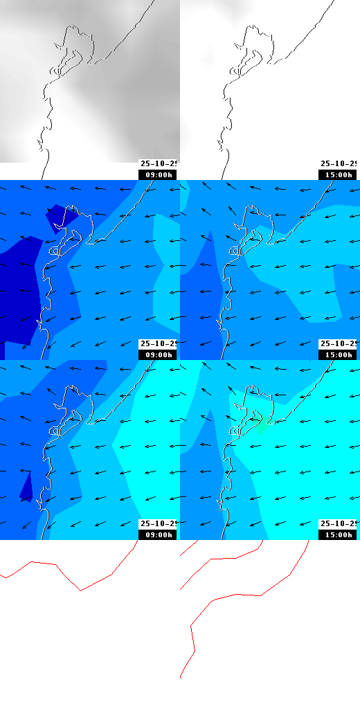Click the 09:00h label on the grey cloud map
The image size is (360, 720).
(157, 174)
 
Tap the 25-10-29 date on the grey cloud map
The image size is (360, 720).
(159, 164)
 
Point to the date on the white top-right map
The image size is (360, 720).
(339, 164)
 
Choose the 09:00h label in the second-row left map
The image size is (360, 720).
(157, 354)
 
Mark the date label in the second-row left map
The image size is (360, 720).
(159, 344)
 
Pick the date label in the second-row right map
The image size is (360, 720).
(339, 344)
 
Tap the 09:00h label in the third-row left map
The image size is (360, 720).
(157, 534)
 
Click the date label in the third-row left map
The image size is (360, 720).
(159, 524)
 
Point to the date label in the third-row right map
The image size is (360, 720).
(339, 524)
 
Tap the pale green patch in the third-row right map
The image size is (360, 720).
(260, 424)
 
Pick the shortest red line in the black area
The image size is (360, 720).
(188, 548)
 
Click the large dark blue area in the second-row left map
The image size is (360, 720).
(17, 291)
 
